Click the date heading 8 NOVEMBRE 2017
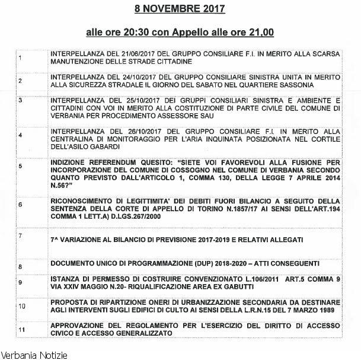click(x=180, y=9)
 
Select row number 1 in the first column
click(x=20, y=58)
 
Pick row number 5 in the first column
click(x=20, y=167)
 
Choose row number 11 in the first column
click(x=21, y=329)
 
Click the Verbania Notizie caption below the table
click(x=34, y=355)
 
